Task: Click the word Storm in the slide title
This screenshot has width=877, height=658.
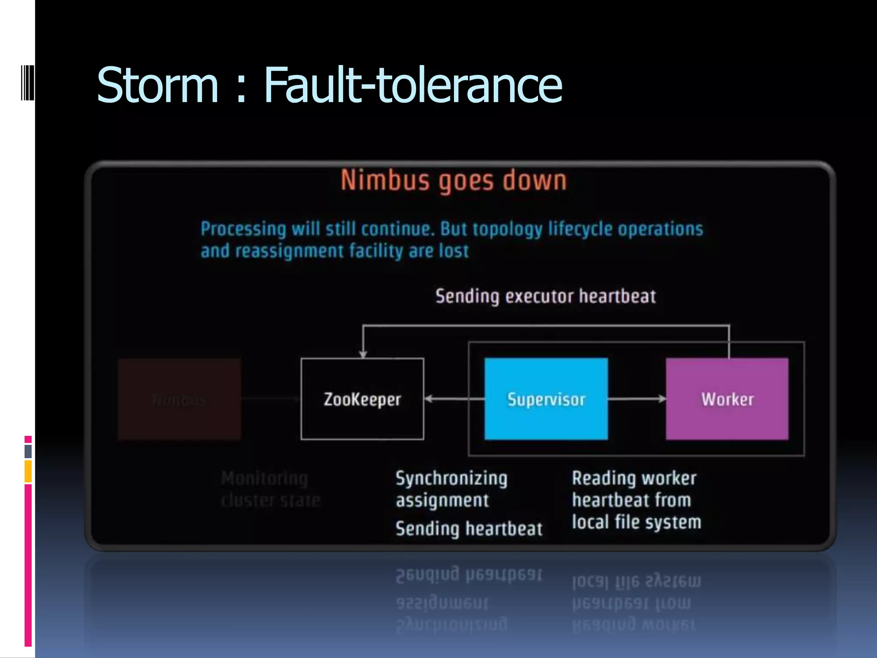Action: (158, 85)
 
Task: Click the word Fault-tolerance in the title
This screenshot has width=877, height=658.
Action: (413, 85)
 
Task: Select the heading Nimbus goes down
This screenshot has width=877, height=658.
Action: (453, 180)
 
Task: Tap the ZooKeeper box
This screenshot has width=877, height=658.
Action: (362, 399)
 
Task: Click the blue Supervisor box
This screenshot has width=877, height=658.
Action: (546, 399)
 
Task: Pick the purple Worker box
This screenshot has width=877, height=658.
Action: (727, 399)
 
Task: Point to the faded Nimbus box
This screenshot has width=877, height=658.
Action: (179, 399)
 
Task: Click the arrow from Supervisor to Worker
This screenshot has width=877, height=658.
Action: (637, 399)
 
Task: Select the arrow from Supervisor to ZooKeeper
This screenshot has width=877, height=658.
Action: (454, 399)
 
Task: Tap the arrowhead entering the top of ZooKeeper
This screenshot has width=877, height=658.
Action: (363, 353)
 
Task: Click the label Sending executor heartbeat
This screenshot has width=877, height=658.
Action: (546, 296)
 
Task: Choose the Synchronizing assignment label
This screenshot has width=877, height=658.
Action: (451, 489)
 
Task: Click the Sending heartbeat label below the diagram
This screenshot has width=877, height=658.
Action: (469, 529)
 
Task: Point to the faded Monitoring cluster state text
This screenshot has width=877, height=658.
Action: (271, 489)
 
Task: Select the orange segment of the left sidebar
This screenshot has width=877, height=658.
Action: (28, 471)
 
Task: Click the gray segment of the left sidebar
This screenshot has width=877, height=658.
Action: (28, 452)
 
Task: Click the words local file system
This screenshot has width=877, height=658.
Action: (637, 522)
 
